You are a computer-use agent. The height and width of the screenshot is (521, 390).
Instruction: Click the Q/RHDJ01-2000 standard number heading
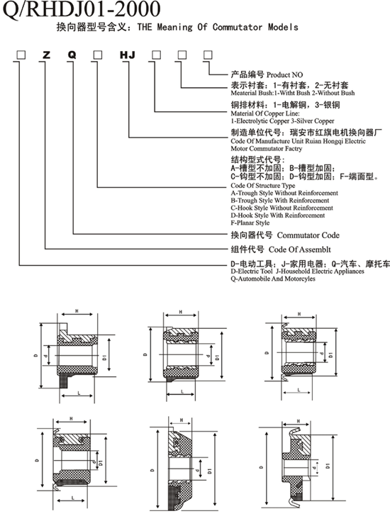[x=82, y=9]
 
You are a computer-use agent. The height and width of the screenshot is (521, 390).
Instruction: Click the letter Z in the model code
[x=46, y=55]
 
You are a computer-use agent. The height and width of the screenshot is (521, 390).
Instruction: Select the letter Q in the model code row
[x=72, y=55]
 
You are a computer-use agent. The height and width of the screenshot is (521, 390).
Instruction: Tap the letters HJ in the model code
[x=128, y=55]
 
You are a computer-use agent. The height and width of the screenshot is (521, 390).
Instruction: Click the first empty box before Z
[x=21, y=55]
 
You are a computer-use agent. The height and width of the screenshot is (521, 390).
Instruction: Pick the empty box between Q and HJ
[x=98, y=55]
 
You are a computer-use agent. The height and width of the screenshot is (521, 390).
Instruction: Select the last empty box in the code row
[x=208, y=55]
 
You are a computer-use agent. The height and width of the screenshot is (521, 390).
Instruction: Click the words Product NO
[x=284, y=74]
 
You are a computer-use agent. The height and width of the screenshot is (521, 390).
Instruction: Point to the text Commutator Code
[x=308, y=235]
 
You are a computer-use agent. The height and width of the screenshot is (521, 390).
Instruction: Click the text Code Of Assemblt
[x=299, y=250]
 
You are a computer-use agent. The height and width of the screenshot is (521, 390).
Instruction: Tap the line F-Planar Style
[x=250, y=223]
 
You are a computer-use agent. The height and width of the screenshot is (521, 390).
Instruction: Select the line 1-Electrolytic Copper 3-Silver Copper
[x=283, y=121]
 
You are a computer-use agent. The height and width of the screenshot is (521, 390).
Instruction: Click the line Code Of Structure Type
[x=262, y=186]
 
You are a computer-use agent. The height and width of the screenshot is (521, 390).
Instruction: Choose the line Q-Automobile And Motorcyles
[x=273, y=279]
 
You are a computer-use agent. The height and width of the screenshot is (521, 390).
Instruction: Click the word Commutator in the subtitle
[x=238, y=27]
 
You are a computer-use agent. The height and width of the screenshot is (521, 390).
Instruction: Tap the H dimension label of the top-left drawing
[x=77, y=311]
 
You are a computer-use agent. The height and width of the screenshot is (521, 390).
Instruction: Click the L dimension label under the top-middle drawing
[x=182, y=392]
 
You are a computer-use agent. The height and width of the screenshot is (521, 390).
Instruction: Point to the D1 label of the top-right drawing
[x=331, y=355]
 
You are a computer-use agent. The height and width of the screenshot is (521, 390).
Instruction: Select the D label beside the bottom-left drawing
[x=38, y=461]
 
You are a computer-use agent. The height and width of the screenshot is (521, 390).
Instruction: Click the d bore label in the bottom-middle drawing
[x=197, y=471]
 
